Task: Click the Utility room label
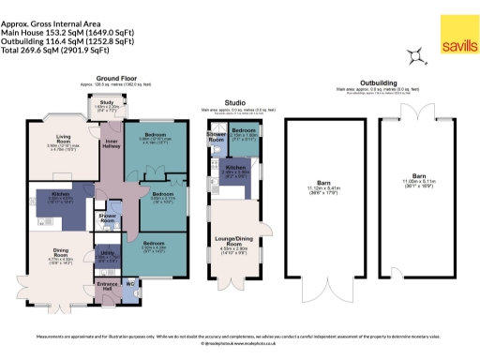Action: click(x=107, y=252)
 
